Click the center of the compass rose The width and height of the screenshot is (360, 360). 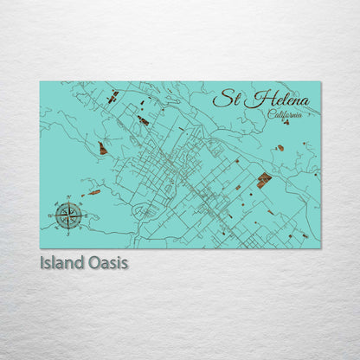click(x=68, y=214)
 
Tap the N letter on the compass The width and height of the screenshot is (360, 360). click(x=68, y=197)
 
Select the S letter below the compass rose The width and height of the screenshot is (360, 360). click(x=68, y=231)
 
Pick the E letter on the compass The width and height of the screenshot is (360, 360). click(x=85, y=214)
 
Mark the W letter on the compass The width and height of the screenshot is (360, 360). click(x=52, y=214)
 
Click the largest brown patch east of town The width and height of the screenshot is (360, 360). click(x=264, y=179)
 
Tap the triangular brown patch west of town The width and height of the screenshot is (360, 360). click(x=102, y=149)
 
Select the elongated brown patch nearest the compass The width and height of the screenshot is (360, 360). click(x=93, y=192)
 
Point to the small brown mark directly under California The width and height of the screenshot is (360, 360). click(x=286, y=122)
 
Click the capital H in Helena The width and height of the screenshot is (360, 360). click(x=252, y=100)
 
